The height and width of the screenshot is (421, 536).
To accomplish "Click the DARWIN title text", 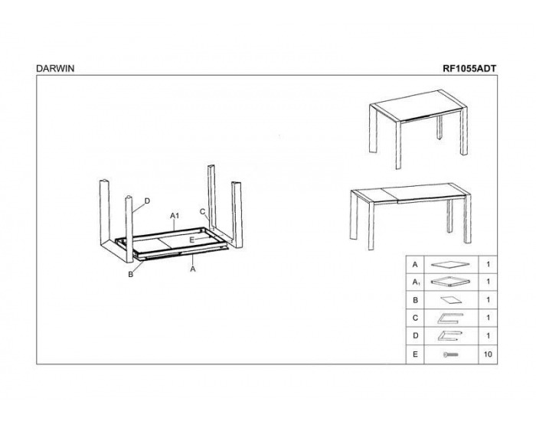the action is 55,68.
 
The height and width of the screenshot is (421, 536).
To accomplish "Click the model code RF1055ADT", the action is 469,68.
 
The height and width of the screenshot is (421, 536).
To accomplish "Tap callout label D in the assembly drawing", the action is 147,201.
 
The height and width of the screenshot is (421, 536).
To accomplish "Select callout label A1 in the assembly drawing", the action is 175,216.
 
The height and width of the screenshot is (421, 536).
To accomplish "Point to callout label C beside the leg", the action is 202,212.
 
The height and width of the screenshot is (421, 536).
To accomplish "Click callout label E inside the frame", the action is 191,240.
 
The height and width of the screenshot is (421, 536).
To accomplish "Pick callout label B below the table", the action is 130,274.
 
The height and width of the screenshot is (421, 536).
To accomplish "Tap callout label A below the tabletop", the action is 193,269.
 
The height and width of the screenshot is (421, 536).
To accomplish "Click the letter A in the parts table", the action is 415,265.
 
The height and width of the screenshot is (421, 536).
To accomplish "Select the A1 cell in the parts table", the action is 416,282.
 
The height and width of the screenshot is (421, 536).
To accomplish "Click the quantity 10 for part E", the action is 488,354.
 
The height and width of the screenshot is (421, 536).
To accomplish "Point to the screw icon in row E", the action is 450,354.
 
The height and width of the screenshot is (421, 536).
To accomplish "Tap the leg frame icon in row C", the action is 450,318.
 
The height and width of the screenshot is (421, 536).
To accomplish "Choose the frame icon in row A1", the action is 450,281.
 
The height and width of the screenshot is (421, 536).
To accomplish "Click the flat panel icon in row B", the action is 450,300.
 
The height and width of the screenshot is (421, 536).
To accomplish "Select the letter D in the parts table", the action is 415,335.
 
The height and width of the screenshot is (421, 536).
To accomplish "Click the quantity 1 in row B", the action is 489,300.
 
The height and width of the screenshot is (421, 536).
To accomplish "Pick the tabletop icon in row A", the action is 450,264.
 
